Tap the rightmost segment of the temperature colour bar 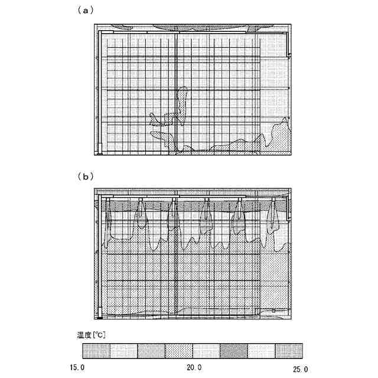(x=289, y=351)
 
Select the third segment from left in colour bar (x=151, y=351)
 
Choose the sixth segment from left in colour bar (x=234, y=351)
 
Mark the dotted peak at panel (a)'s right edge (x=285, y=127)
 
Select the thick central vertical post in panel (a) (x=176, y=89)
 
